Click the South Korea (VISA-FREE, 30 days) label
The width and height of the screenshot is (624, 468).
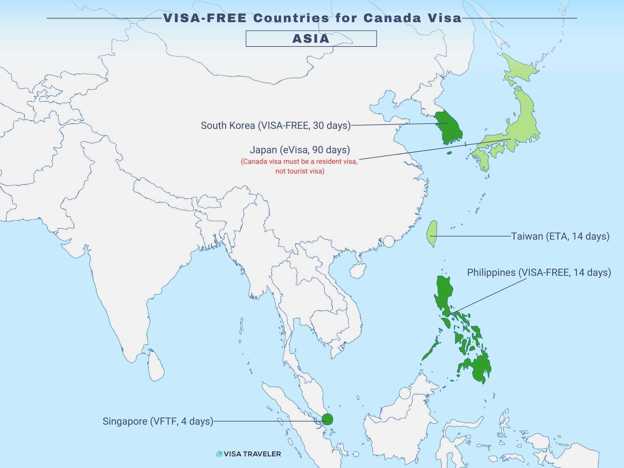click(x=275, y=125)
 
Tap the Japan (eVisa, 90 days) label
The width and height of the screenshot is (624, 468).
click(x=300, y=150)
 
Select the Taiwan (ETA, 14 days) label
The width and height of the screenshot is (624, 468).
click(x=560, y=236)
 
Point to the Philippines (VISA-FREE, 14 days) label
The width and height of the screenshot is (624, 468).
click(x=539, y=272)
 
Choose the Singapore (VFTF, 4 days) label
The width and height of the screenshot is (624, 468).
click(x=158, y=421)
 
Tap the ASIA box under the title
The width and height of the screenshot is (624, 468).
click(x=311, y=39)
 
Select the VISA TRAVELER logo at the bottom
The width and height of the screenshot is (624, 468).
click(x=248, y=454)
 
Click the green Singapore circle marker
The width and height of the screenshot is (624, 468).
click(x=327, y=419)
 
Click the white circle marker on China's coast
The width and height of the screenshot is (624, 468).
click(x=389, y=241)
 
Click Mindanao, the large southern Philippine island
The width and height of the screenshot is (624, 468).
click(x=477, y=367)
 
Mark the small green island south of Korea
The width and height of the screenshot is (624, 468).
click(x=450, y=153)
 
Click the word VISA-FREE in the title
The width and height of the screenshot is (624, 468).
click(x=205, y=18)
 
